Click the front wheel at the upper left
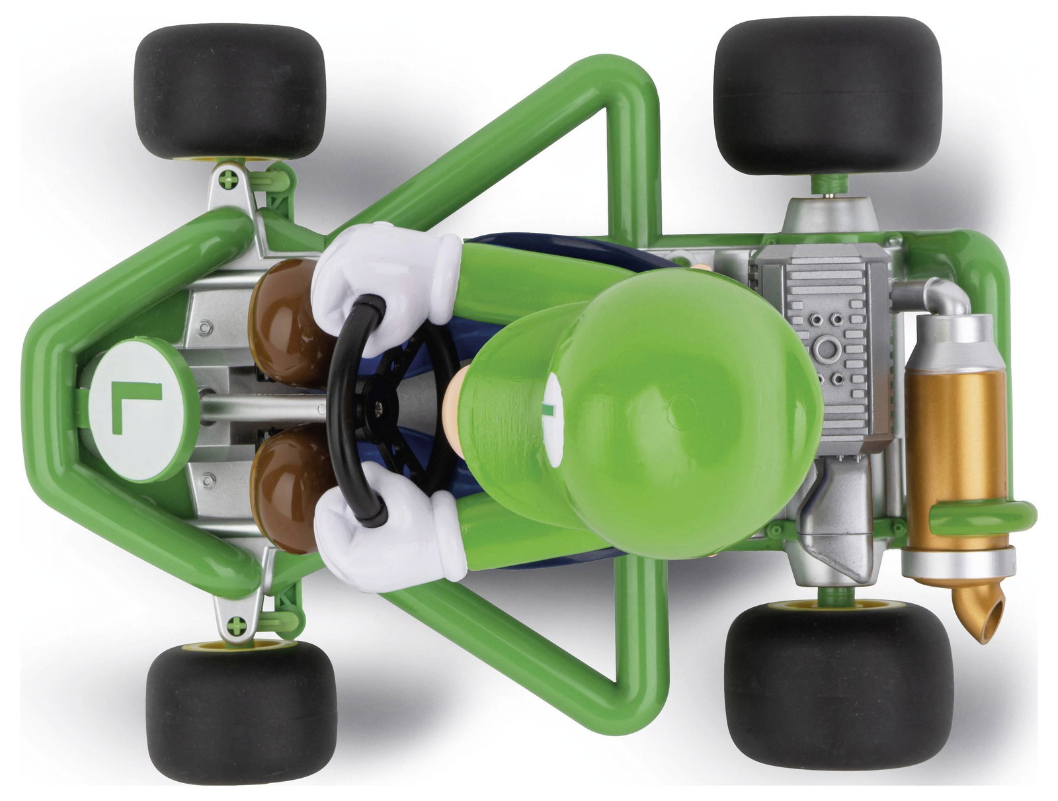click(230, 92)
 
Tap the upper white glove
click(386, 284)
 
